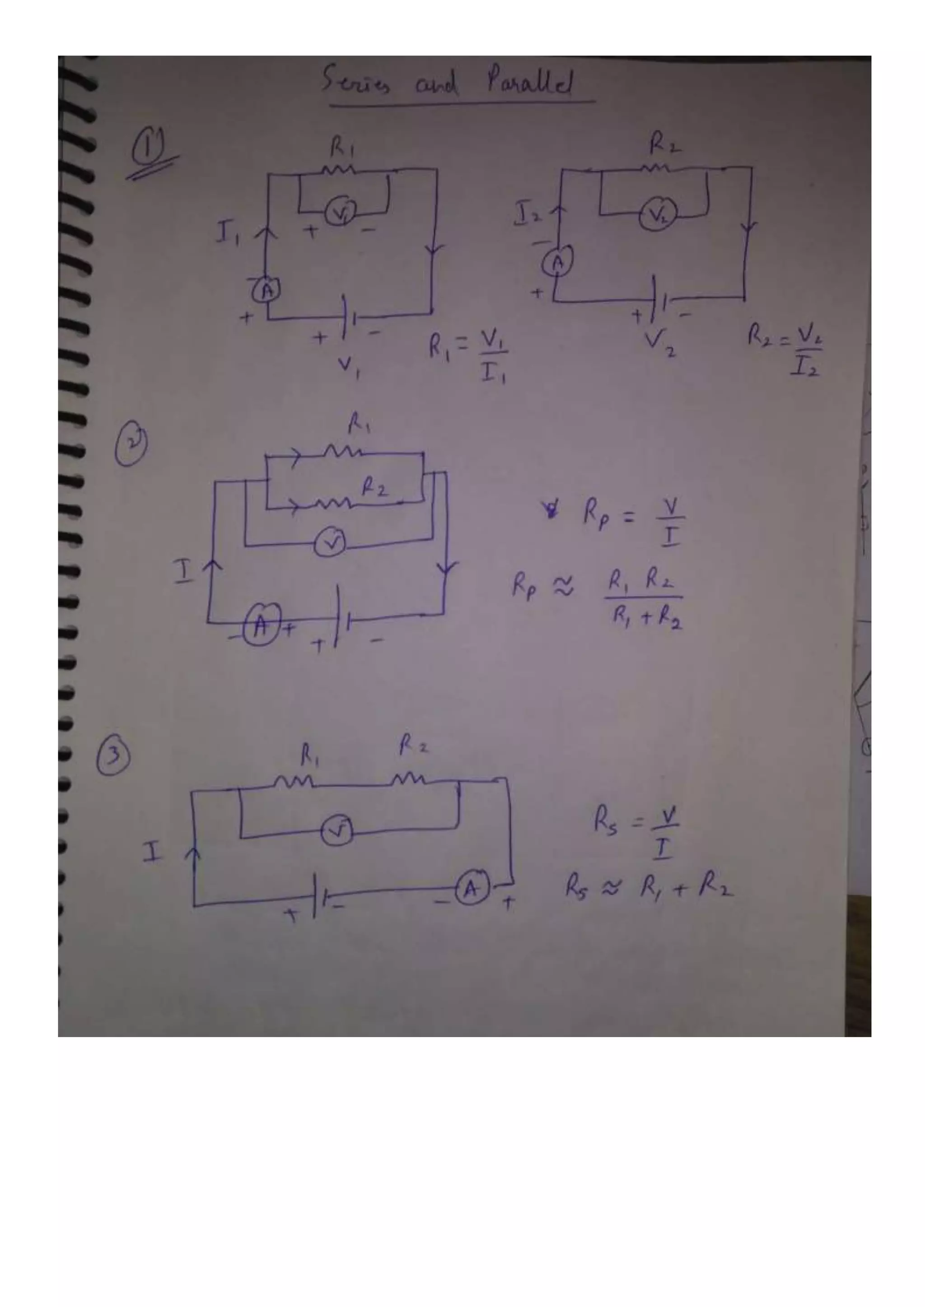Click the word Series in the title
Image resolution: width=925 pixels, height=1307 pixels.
pyautogui.click(x=356, y=82)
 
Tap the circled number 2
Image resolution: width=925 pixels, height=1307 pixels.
pyautogui.click(x=131, y=447)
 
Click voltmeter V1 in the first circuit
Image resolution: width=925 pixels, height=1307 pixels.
pyautogui.click(x=341, y=213)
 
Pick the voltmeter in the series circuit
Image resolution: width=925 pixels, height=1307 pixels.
pyautogui.click(x=337, y=832)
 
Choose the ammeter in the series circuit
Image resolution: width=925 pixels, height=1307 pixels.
pyautogui.click(x=472, y=889)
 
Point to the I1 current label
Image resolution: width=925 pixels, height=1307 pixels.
pyautogui.click(x=226, y=233)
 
